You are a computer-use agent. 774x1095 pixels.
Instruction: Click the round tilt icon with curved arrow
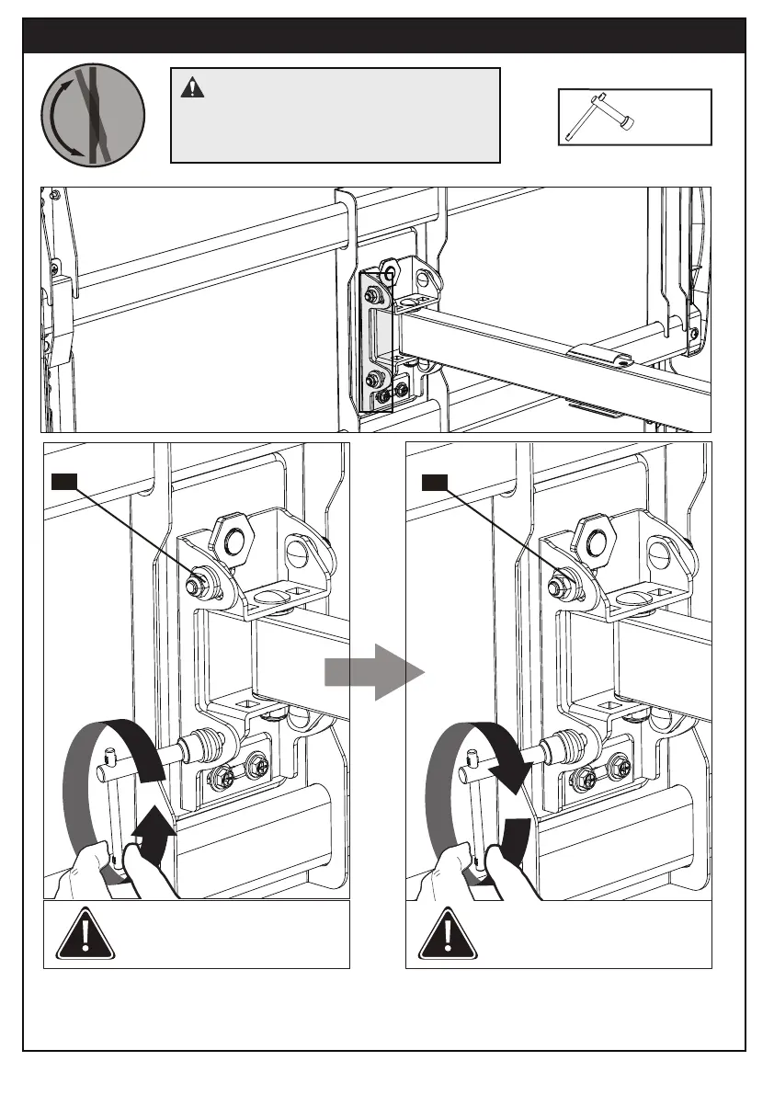93,114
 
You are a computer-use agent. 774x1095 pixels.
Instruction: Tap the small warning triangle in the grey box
192,88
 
